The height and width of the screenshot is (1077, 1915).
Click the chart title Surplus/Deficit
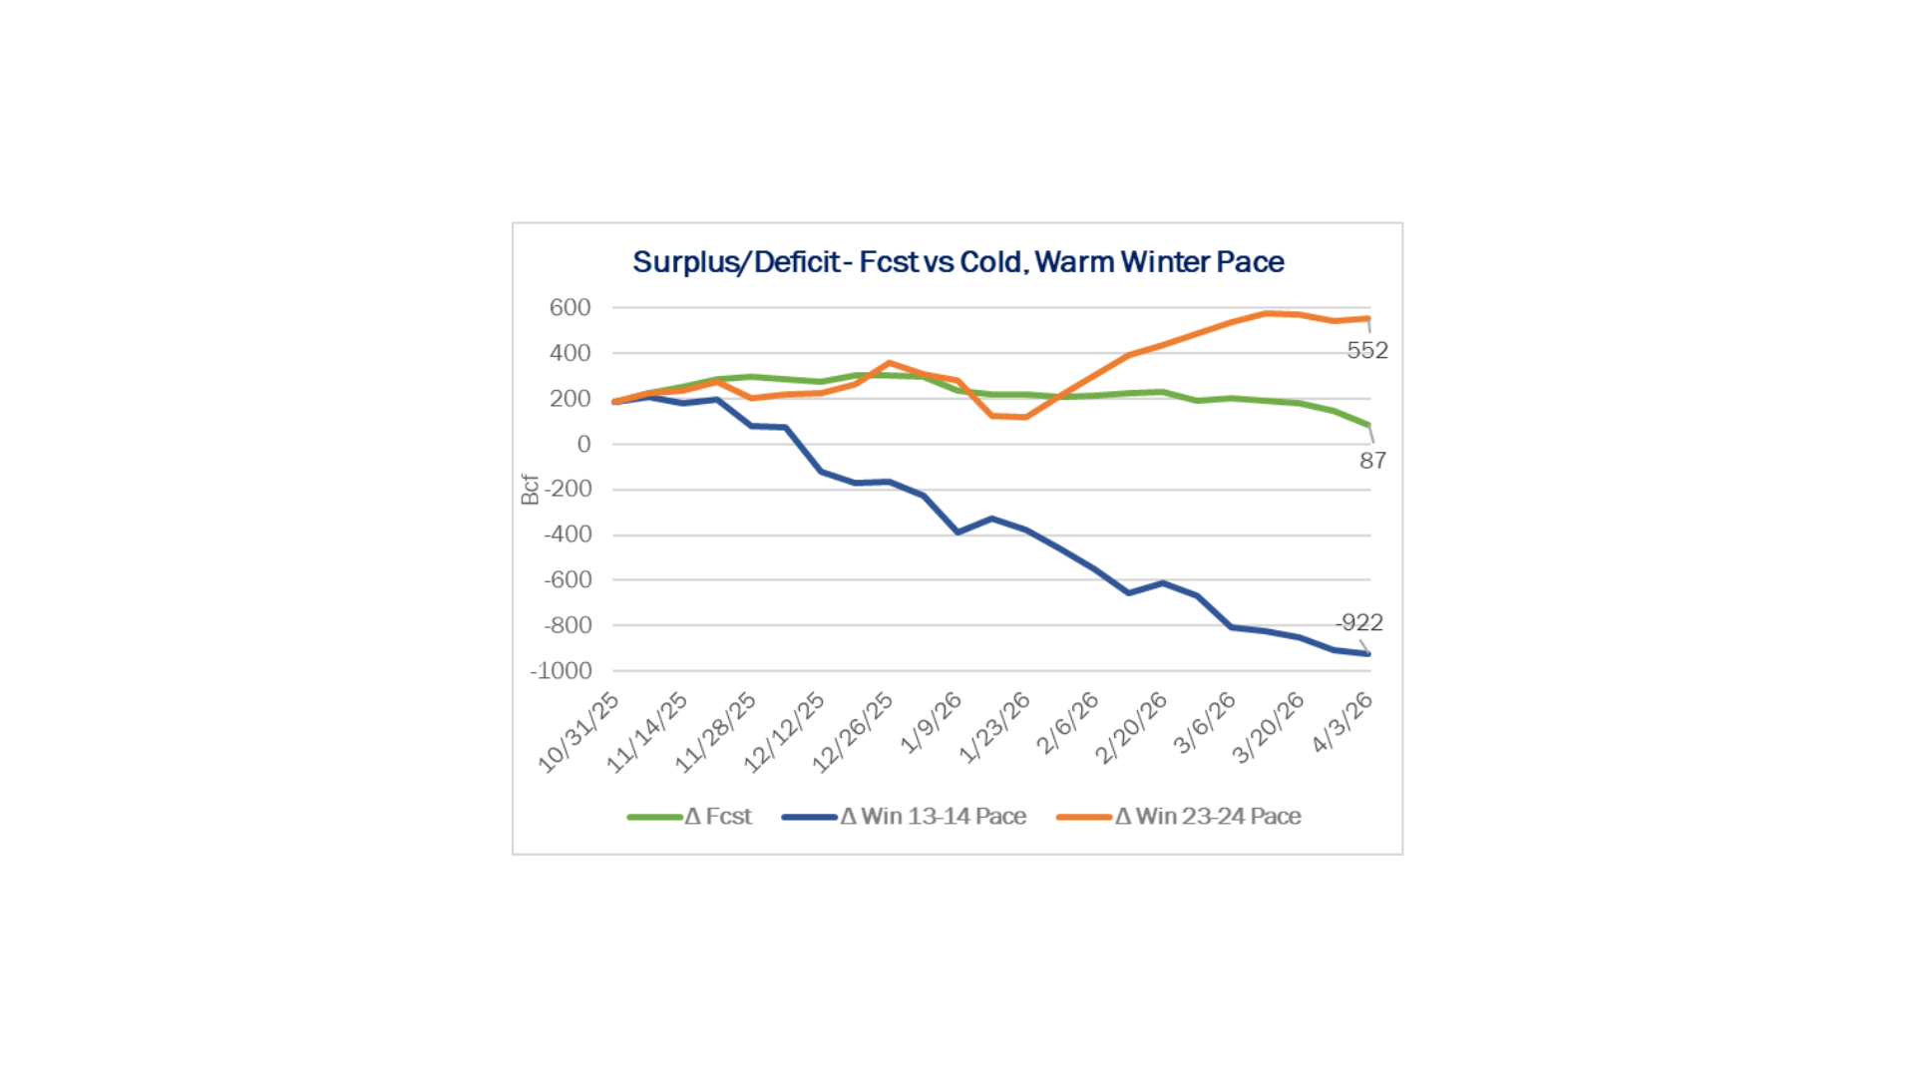tap(957, 262)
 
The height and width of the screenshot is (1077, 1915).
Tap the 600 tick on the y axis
tap(570, 308)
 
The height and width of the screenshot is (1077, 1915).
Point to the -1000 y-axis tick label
tap(561, 671)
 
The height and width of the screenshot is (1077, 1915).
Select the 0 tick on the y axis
tap(583, 445)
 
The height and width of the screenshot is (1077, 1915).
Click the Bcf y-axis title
tap(530, 490)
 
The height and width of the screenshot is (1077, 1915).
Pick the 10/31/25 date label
tap(579, 732)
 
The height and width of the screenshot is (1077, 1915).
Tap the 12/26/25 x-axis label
tap(853, 732)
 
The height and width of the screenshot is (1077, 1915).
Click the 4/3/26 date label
tap(1342, 723)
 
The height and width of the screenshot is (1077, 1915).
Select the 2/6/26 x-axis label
tap(1067, 723)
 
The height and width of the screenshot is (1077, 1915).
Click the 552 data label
tap(1367, 351)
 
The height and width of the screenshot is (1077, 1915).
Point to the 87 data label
tap(1373, 461)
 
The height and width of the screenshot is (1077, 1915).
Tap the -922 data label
tap(1359, 623)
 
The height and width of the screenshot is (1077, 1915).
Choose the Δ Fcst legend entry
tap(689, 817)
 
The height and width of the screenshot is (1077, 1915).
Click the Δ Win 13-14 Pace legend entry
tap(905, 817)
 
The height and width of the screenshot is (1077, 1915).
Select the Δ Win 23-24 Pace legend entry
tap(1179, 817)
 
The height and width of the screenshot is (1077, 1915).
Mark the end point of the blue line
tap(1368, 654)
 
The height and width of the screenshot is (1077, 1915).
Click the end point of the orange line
tap(1368, 319)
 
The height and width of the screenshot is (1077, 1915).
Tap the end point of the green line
tap(1368, 425)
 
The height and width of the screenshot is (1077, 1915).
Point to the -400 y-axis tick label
tap(568, 535)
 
